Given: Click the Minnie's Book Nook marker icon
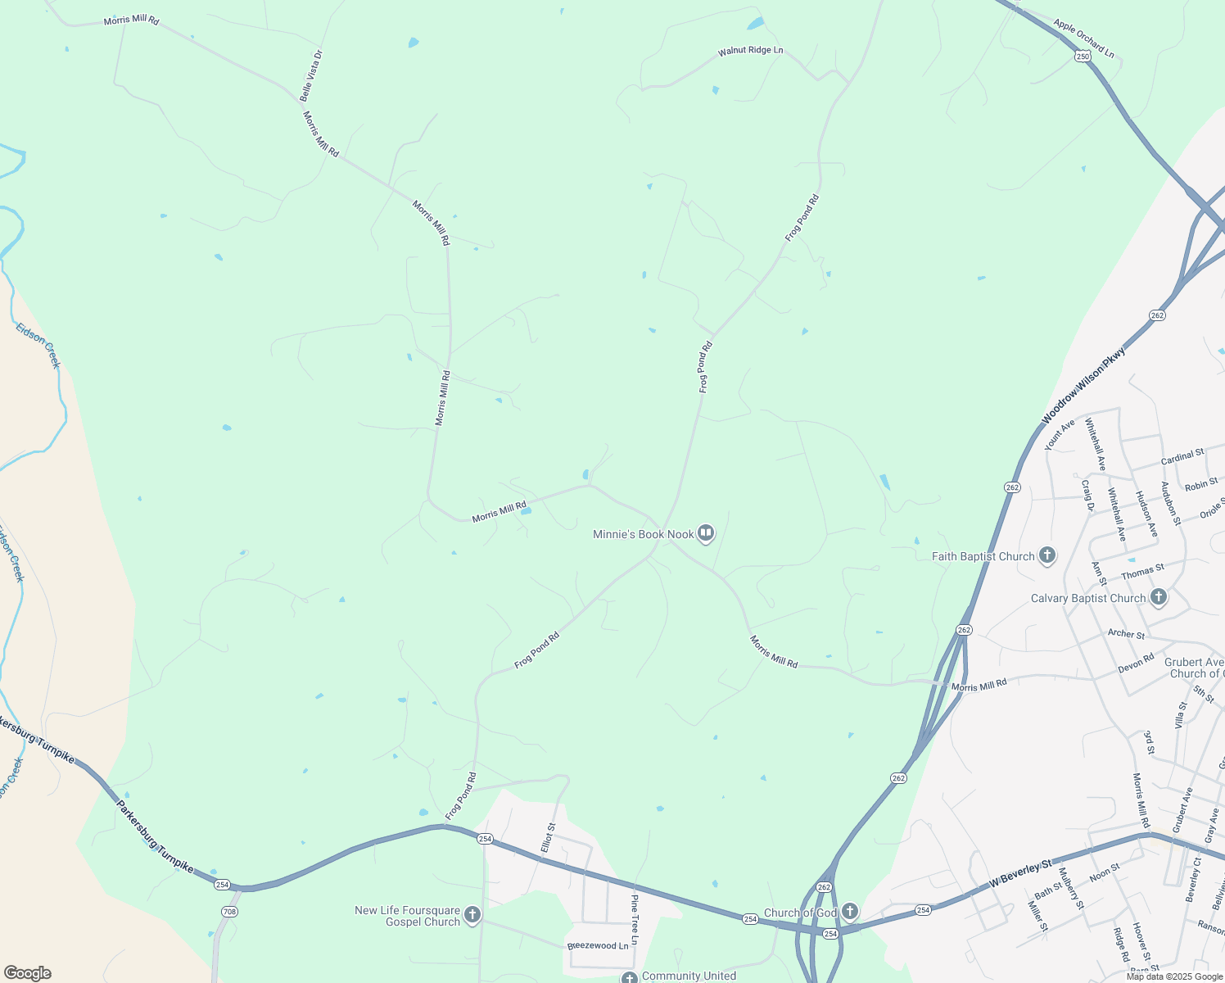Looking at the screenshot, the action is click(706, 534).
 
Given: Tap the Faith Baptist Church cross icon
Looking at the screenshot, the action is click(1046, 556).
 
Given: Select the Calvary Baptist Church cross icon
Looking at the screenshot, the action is click(1158, 597).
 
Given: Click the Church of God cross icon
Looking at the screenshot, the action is click(850, 912).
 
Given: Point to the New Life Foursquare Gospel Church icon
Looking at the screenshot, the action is click(472, 915).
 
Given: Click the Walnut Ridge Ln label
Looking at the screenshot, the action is click(750, 51).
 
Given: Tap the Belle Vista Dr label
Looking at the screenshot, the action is click(311, 75).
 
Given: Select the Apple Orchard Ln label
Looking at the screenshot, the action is click(1083, 38).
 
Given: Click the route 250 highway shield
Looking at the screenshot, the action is click(1083, 56).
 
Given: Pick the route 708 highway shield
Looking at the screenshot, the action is click(229, 911).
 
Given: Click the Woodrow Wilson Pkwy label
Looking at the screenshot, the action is click(1083, 385).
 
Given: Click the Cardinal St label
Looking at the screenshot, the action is click(1182, 456).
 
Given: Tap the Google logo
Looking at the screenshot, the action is click(28, 973).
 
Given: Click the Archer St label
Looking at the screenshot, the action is click(1126, 633).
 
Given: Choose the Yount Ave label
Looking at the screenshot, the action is click(1060, 435).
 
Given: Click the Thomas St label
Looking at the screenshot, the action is click(1142, 569).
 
